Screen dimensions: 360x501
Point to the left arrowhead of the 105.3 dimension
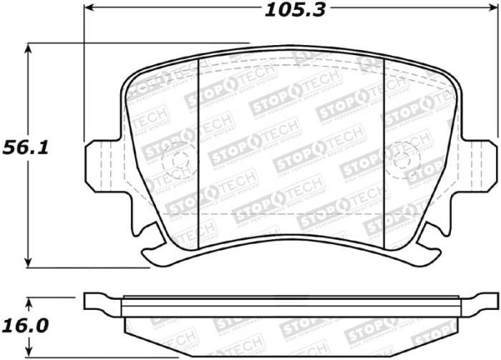[89, 10]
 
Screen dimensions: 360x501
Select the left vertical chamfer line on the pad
[197, 150]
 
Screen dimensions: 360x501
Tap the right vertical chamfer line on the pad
[385, 150]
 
